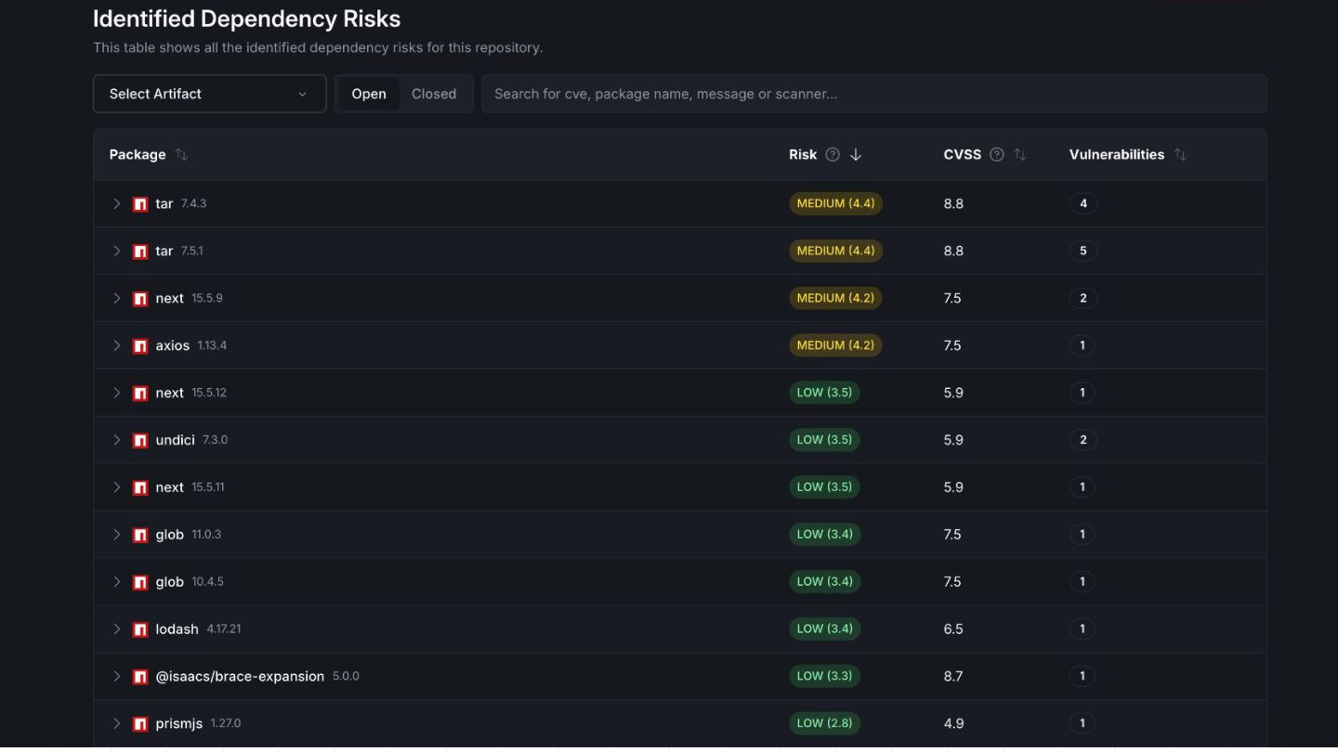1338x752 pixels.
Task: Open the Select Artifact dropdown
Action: point(210,94)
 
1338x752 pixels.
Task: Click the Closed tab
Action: point(434,94)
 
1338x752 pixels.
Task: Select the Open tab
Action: point(369,94)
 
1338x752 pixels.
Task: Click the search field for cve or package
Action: point(873,94)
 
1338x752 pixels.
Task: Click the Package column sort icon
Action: point(181,154)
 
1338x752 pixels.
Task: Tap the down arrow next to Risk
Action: point(856,154)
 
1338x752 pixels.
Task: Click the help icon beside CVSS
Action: point(996,154)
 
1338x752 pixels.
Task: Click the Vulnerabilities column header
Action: point(1117,154)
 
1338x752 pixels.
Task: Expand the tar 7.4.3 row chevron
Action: point(116,203)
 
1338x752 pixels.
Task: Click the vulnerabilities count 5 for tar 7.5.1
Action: point(1083,251)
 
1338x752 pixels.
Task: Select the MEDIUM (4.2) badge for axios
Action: point(835,345)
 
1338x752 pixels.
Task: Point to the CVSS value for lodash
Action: point(952,629)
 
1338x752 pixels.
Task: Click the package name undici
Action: point(175,440)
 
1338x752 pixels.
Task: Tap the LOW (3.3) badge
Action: point(824,676)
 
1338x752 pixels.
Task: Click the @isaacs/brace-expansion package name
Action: point(240,676)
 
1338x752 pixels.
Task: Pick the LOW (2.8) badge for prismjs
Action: point(824,723)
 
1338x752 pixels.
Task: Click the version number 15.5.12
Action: point(209,393)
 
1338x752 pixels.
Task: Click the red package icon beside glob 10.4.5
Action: point(139,582)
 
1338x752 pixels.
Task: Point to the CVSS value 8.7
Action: point(952,676)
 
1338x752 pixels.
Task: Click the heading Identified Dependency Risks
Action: point(247,19)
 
